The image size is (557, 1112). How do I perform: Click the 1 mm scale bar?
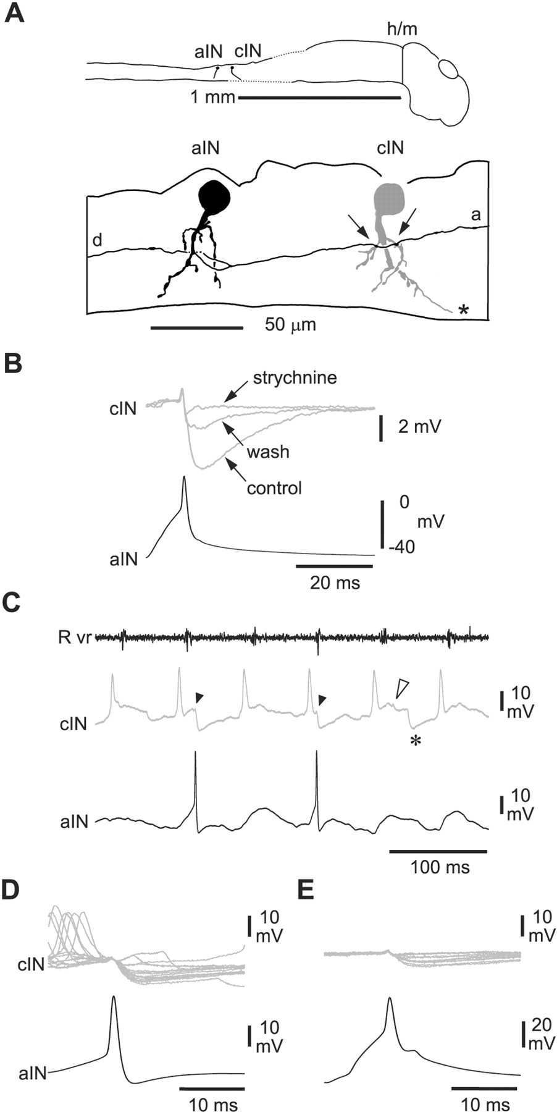click(319, 98)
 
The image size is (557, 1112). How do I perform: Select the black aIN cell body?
click(214, 196)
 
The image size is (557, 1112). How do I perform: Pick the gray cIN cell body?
click(390, 197)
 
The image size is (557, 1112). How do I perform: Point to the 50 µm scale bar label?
click(290, 325)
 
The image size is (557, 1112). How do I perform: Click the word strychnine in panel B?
click(295, 378)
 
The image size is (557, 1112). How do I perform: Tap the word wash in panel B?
click(268, 452)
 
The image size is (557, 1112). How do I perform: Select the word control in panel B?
click(274, 489)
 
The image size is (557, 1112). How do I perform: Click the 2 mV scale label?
click(419, 426)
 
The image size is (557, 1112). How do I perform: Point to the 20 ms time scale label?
click(335, 582)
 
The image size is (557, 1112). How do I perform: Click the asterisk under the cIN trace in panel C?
click(416, 741)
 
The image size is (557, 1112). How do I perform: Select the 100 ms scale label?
click(440, 867)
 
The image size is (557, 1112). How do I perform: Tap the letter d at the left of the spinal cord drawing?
click(98, 242)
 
